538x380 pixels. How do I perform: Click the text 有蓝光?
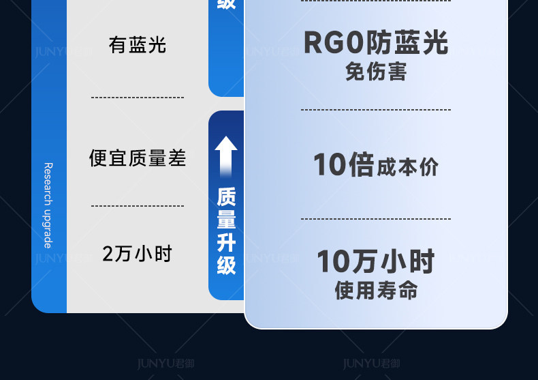tap(137, 45)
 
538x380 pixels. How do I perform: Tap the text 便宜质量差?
tap(138, 158)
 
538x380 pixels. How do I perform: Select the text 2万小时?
tap(137, 254)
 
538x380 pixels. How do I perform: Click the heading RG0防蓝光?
tap(376, 43)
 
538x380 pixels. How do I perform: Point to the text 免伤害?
tap(376, 71)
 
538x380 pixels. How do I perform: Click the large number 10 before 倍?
tap(330, 165)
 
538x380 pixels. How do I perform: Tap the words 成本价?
tap(408, 167)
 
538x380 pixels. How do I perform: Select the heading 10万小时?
tap(376, 261)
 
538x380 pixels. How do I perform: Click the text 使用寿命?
tap(376, 291)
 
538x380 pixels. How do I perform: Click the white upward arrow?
tap(226, 156)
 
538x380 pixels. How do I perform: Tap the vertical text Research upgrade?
tap(48, 205)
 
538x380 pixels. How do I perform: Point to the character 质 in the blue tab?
tap(226, 197)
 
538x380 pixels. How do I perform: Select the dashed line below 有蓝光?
tap(138, 98)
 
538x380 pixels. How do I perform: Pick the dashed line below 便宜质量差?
tap(138, 205)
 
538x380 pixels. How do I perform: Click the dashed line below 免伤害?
tap(376, 109)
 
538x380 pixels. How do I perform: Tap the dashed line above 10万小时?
tap(376, 219)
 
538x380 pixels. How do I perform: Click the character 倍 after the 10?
tap(361, 165)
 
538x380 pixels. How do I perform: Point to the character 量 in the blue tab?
tap(226, 220)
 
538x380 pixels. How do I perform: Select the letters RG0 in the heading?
tap(334, 43)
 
